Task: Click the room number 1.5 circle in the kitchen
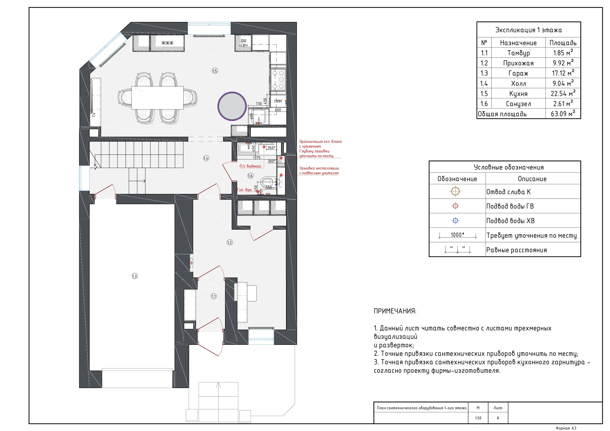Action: click(x=215, y=71)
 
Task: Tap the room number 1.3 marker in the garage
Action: click(x=134, y=276)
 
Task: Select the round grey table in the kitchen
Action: click(x=232, y=106)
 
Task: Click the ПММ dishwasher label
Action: click(x=278, y=101)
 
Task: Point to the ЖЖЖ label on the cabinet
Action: click(x=167, y=43)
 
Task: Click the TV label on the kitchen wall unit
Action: click(x=94, y=115)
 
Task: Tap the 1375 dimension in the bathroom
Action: click(x=257, y=158)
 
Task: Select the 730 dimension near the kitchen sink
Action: click(x=259, y=104)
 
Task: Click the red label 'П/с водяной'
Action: click(x=250, y=166)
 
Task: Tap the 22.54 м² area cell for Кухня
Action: click(x=563, y=93)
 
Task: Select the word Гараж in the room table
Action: click(x=518, y=73)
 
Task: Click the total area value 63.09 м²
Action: click(x=563, y=114)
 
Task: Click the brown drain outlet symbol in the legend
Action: click(x=455, y=191)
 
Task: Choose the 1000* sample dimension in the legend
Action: click(x=457, y=235)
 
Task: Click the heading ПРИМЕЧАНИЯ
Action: click(x=395, y=311)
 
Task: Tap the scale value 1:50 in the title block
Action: click(x=478, y=418)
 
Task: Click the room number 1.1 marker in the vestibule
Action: click(x=214, y=296)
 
